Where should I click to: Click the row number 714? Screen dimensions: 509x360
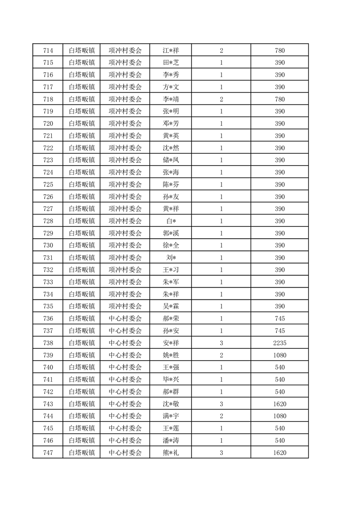(48, 50)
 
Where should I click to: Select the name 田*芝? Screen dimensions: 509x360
(171, 63)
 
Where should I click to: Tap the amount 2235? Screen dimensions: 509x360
(280, 343)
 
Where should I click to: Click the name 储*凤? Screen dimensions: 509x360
(171, 160)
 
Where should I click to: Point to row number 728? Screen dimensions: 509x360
(48, 221)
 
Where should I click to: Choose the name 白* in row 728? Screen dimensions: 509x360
(171, 221)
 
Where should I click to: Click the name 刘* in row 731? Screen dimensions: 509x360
(171, 258)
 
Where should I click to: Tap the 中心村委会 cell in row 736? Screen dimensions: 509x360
(125, 318)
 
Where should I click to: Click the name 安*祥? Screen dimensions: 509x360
(171, 343)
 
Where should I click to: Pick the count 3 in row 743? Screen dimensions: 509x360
(221, 404)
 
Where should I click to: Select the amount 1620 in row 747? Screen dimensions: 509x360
(280, 452)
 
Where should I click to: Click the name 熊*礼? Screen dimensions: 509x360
(171, 452)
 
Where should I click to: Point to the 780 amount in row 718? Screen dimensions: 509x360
(280, 99)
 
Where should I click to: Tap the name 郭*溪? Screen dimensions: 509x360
(171, 233)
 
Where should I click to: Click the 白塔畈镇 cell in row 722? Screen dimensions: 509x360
(82, 148)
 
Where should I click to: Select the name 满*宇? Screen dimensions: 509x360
(171, 416)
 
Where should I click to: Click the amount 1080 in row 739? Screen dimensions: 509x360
(280, 355)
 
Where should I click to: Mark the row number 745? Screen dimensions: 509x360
(48, 428)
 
